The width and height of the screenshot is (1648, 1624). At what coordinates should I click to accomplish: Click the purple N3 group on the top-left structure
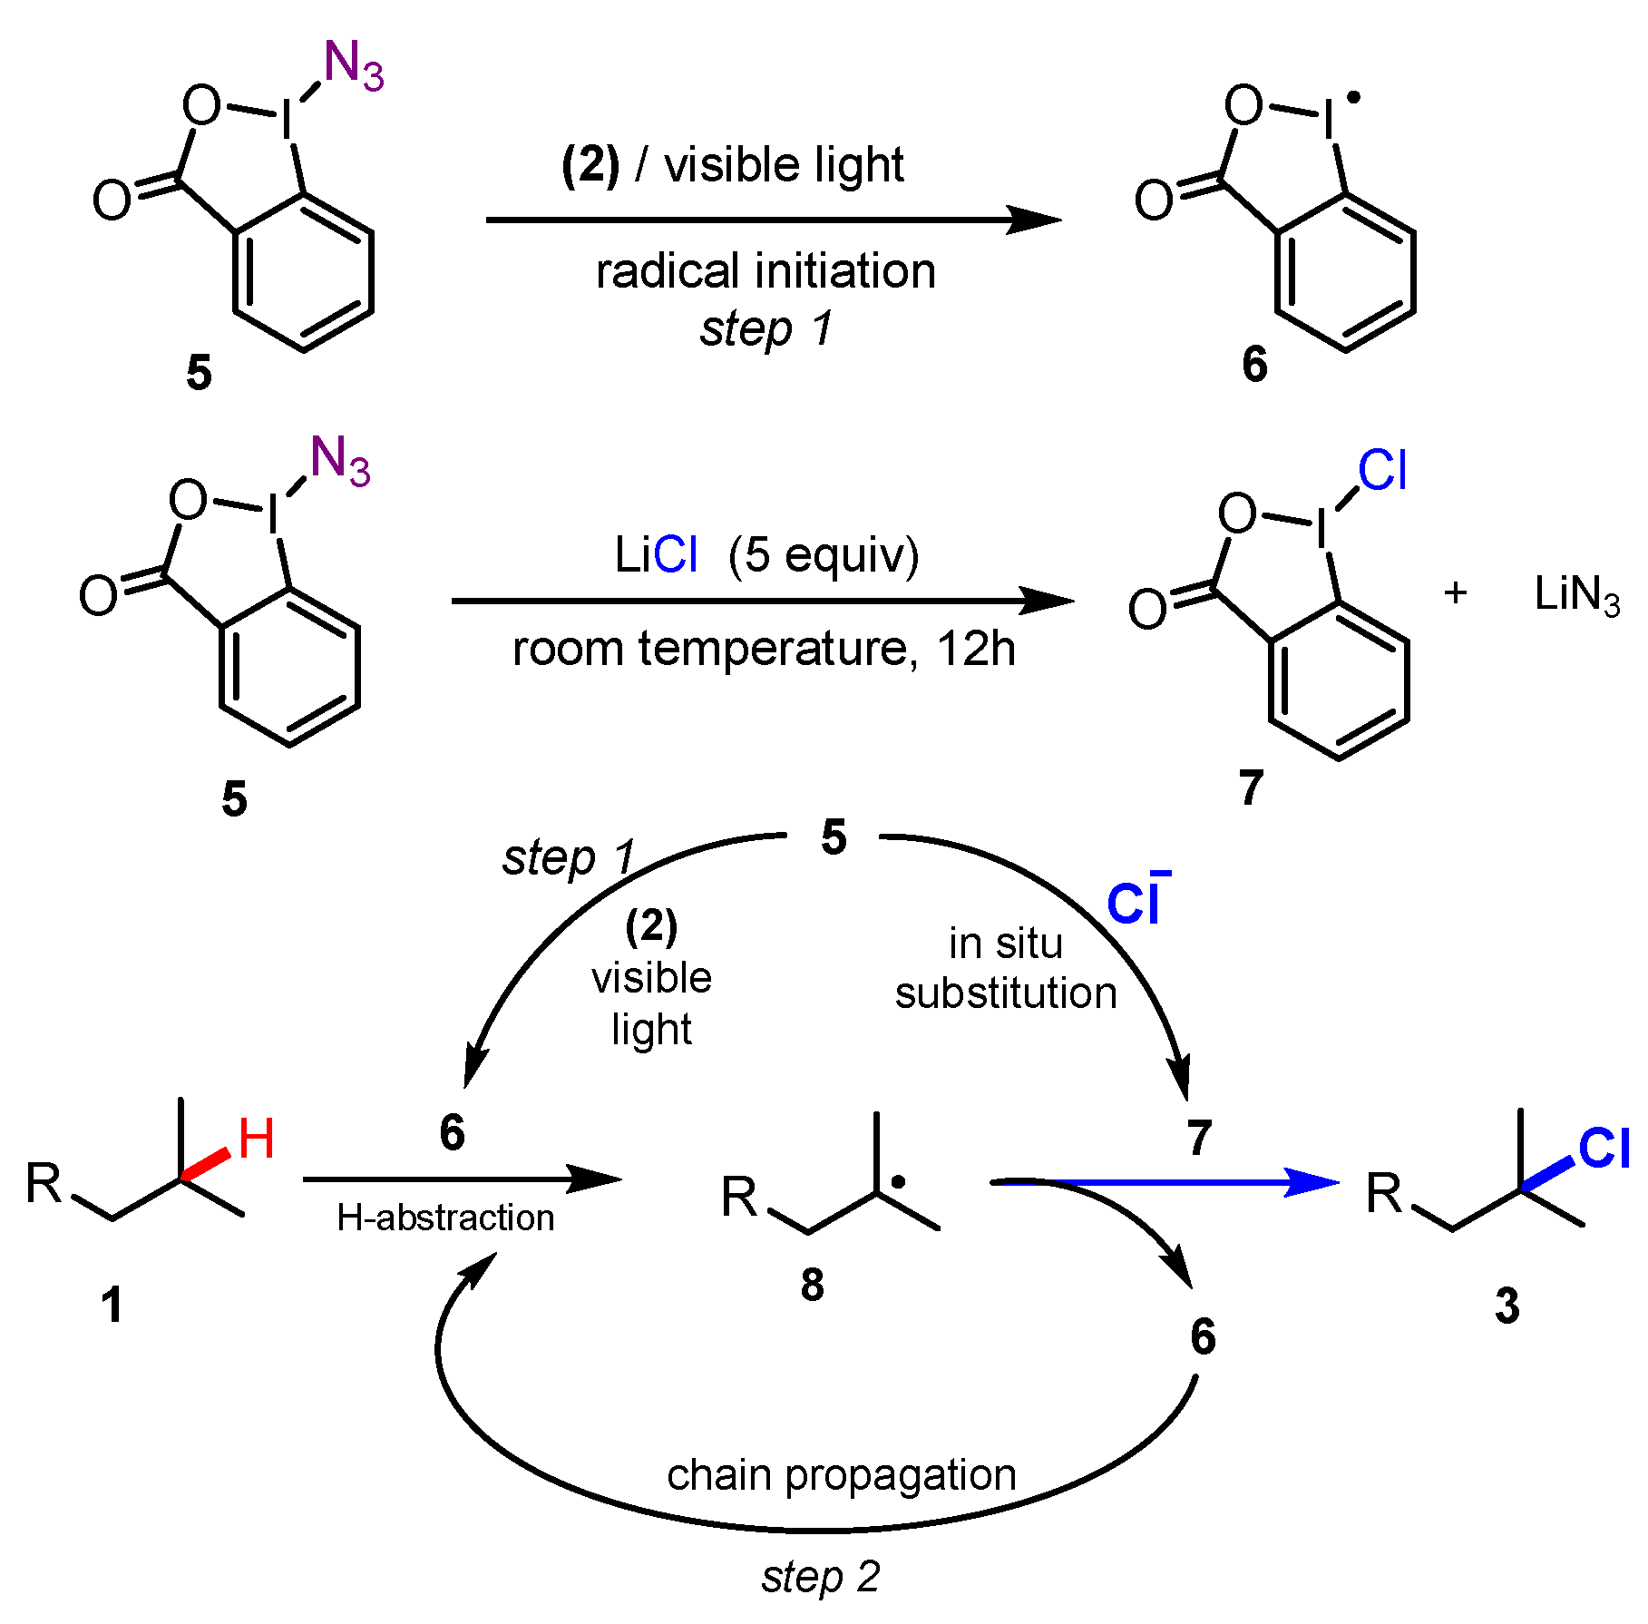click(x=354, y=66)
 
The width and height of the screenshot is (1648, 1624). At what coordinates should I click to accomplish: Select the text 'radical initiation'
click(x=765, y=271)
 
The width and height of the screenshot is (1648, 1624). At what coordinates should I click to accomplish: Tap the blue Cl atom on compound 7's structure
click(x=1382, y=471)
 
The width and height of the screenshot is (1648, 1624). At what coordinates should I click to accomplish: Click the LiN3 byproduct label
click(x=1576, y=596)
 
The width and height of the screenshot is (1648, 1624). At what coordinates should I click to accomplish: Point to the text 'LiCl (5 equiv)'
click(x=766, y=554)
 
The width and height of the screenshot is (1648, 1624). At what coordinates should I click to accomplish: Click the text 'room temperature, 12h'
click(x=764, y=649)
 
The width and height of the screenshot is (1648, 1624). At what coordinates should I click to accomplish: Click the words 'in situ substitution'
click(x=1005, y=968)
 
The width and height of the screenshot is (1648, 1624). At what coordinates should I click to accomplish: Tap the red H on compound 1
click(x=256, y=1140)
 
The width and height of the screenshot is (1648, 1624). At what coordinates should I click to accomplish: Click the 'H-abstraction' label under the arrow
click(x=445, y=1218)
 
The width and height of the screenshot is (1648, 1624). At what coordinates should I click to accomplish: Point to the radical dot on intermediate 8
click(x=898, y=1182)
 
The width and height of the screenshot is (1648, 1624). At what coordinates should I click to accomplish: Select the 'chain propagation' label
click(x=842, y=1474)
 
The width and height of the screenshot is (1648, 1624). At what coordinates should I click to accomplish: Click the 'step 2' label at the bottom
click(x=821, y=1577)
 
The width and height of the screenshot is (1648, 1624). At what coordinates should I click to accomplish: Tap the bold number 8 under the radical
click(x=813, y=1285)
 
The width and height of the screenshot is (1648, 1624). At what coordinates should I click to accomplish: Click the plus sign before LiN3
click(x=1456, y=593)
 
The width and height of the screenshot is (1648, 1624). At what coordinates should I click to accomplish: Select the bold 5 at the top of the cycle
click(x=834, y=836)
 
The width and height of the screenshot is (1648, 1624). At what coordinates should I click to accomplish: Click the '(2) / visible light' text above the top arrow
click(x=733, y=165)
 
